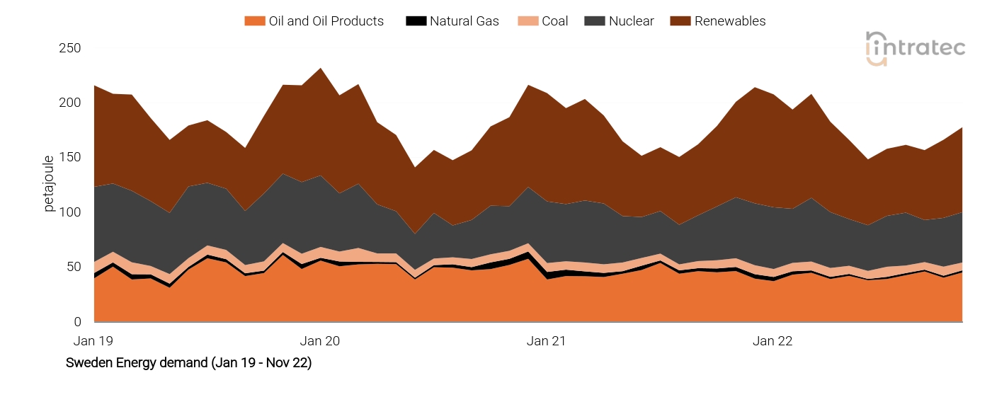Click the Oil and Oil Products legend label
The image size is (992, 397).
tap(326, 21)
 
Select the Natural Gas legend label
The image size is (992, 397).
tap(464, 21)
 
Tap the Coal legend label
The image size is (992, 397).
tap(554, 21)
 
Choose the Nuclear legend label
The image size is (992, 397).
tap(631, 21)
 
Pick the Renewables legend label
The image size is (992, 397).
tap(729, 21)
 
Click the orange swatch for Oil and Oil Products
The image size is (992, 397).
tap(254, 21)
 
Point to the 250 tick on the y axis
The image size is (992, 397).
tap(69, 48)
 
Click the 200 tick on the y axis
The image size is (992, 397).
tap(69, 103)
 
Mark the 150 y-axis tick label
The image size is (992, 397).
tap(69, 158)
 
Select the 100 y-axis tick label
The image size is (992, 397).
tap(69, 212)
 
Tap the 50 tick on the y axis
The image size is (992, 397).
tap(72, 267)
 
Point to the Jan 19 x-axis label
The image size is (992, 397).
tap(93, 341)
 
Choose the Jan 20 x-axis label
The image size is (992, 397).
tap(319, 341)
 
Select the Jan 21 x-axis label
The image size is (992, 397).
tap(546, 341)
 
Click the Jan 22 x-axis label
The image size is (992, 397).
tap(772, 341)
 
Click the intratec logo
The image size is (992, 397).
tap(915, 48)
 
